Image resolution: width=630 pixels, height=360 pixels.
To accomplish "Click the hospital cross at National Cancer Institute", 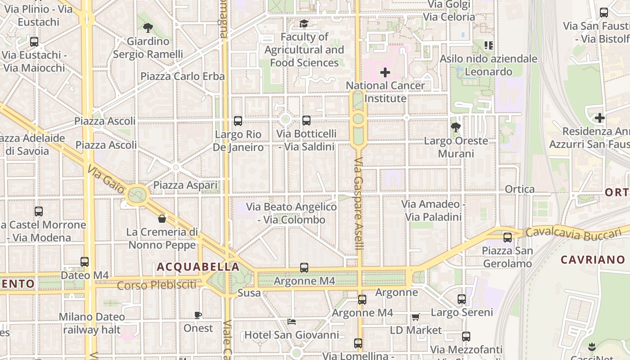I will click(385, 72).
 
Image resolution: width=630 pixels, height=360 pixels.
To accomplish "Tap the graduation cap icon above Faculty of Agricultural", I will click(304, 23).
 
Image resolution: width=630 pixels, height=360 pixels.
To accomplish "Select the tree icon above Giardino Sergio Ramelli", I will click(148, 28).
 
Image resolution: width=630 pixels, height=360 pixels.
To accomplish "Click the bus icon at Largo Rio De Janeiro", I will click(238, 121).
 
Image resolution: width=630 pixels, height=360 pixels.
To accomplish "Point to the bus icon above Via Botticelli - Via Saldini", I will click(306, 120).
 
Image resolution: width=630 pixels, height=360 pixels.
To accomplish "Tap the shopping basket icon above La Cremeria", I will click(162, 219).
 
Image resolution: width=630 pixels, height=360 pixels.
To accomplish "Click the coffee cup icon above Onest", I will click(198, 315).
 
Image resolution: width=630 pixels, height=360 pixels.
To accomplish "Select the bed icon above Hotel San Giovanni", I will click(292, 322).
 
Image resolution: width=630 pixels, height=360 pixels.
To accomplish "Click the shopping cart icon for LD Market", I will click(415, 317).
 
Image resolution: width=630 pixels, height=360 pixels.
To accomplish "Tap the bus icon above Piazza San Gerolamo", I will click(508, 237).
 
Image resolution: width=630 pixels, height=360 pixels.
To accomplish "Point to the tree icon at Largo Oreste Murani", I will click(456, 127).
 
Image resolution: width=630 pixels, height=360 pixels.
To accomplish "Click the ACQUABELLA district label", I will click(198, 267).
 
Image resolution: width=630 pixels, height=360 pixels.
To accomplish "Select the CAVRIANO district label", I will click(593, 260).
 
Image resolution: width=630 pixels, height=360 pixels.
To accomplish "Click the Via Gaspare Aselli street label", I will click(359, 204).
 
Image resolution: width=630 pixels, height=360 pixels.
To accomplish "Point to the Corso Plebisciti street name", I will click(157, 285).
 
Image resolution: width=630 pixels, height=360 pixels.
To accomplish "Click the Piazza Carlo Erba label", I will click(182, 76).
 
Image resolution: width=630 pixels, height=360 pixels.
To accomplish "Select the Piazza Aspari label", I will click(185, 185).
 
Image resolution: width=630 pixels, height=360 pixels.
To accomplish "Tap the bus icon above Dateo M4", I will click(85, 261).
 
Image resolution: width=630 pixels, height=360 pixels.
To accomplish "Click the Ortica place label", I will click(520, 189).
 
